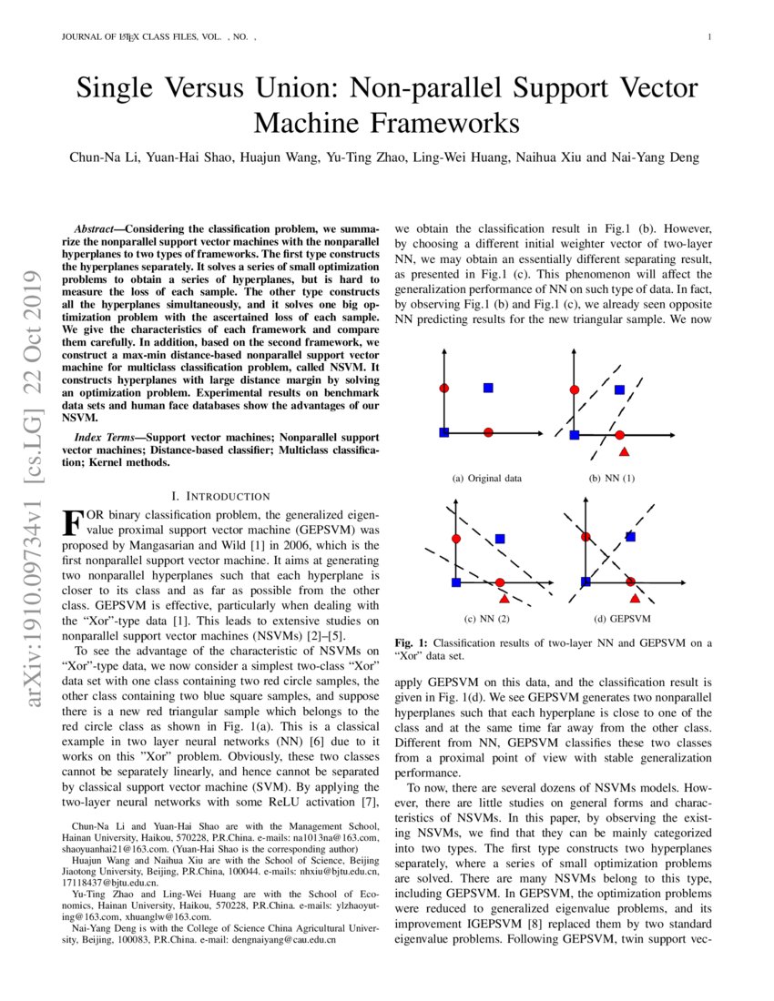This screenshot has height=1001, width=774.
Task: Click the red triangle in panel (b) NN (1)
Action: pos(624,451)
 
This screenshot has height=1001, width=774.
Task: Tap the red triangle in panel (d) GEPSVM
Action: pos(635,599)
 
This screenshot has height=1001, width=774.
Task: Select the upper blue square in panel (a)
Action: pos(488,388)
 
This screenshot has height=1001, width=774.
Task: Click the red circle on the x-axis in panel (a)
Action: pos(488,431)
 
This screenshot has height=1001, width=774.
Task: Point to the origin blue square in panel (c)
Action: pos(456,581)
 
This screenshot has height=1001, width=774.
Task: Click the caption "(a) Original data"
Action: pos(487,478)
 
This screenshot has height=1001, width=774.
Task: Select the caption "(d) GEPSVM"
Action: pos(622,619)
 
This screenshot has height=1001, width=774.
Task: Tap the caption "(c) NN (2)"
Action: pos(487,619)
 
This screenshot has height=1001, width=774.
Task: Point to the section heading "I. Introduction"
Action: pos(220,496)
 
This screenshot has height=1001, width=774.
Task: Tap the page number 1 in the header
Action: pos(708,37)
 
